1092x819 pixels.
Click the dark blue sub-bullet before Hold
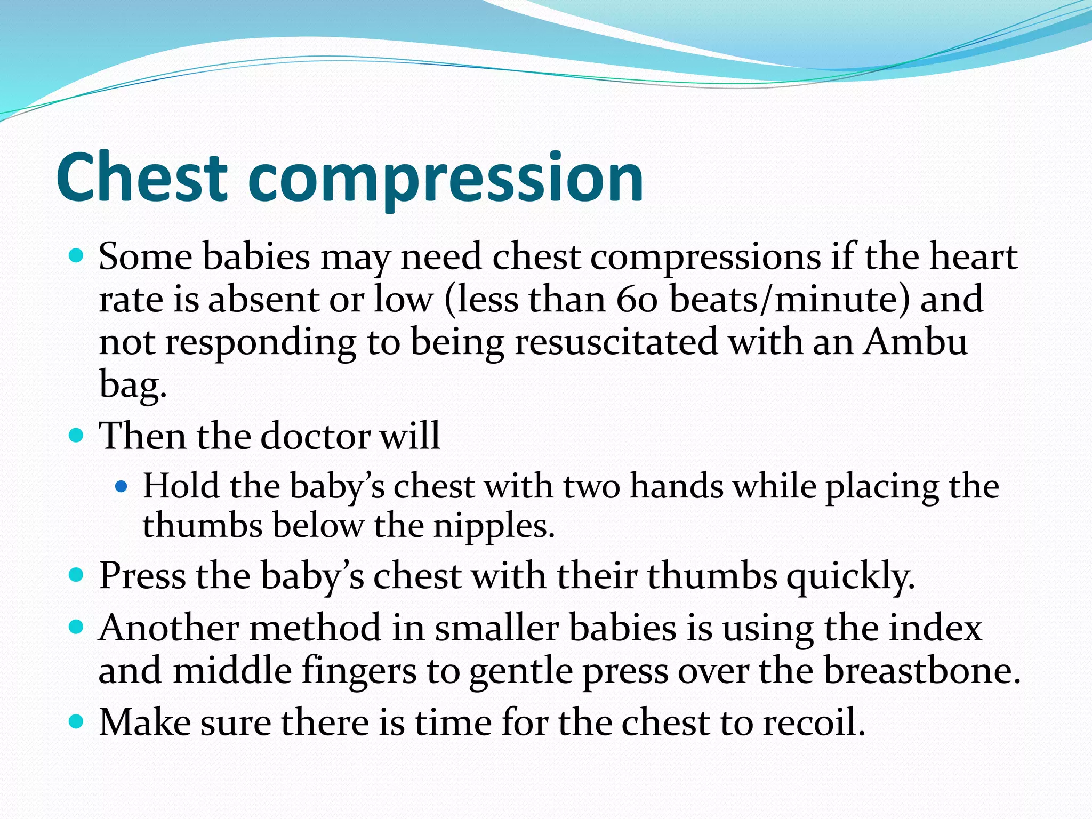coord(122,486)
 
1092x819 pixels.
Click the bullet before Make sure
coord(77,722)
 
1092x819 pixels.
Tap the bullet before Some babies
coord(77,256)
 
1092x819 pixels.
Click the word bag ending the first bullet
coord(132,385)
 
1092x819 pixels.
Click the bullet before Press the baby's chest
coord(77,576)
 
